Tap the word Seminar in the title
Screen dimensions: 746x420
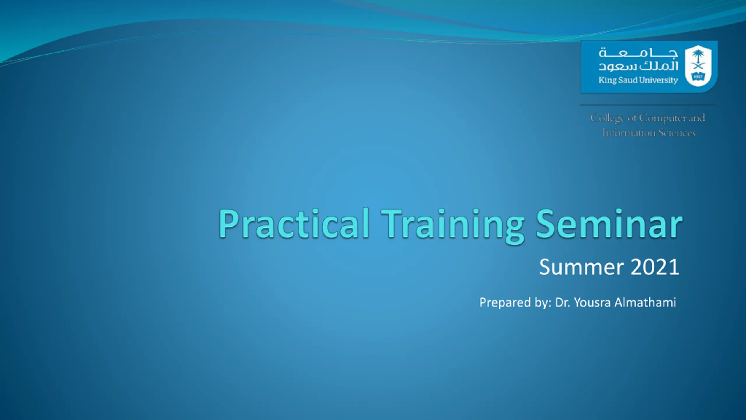tap(609, 224)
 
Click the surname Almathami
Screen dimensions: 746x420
tap(645, 302)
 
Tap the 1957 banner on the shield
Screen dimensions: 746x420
tap(698, 77)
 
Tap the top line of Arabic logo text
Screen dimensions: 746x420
tap(638, 53)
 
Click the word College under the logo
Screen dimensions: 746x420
tap(608, 118)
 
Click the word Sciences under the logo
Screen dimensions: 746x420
tap(677, 133)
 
